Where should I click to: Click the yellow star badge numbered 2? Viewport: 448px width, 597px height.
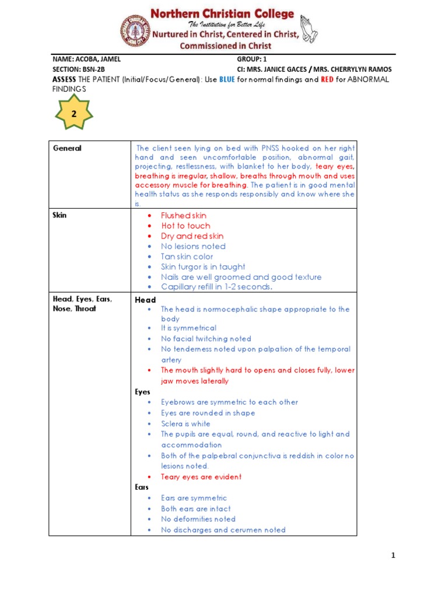(74, 115)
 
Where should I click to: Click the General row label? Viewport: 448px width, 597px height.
(67, 148)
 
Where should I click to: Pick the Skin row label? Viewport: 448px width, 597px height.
(60, 215)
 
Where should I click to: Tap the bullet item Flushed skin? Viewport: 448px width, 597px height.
(184, 216)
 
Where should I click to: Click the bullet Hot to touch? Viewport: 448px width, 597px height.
(185, 226)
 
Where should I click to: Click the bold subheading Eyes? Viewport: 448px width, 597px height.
(143, 392)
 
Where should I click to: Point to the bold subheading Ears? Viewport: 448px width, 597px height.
(142, 487)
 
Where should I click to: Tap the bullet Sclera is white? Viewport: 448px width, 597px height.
(185, 424)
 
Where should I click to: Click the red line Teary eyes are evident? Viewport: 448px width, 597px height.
(201, 477)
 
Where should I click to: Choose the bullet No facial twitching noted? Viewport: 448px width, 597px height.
(206, 339)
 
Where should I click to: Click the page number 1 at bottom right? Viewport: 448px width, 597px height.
(393, 556)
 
